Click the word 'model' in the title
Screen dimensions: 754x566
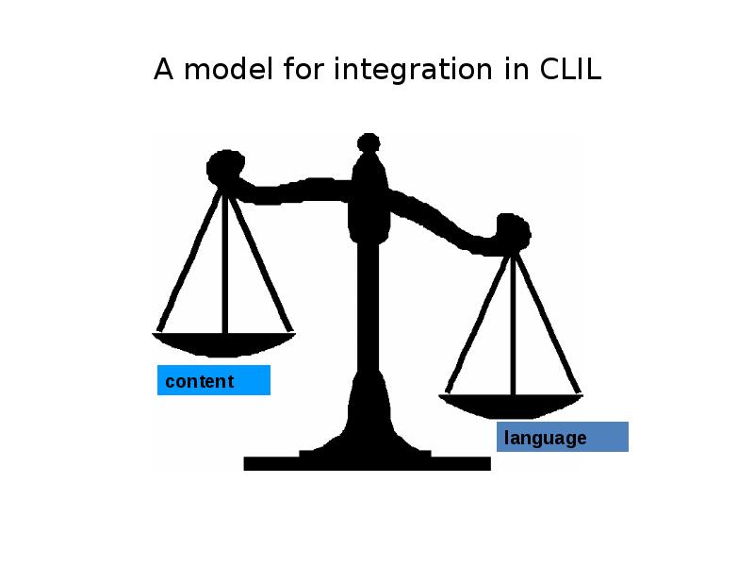228,69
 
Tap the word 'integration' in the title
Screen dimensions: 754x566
413,70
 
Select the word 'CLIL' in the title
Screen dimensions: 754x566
570,69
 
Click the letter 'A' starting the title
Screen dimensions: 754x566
163,69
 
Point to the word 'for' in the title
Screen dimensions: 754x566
303,68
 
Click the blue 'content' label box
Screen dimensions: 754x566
214,380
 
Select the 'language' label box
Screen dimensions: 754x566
563,437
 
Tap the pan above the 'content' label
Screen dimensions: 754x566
224,343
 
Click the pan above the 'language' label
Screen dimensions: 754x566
511,406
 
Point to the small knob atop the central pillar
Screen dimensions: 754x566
369,142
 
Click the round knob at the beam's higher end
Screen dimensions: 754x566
225,168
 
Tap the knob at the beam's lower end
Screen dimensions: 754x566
514,232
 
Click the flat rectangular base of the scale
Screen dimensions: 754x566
368,463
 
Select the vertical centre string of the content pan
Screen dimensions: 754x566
224,261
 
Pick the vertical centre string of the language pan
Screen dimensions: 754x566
513,325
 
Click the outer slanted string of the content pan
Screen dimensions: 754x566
189,260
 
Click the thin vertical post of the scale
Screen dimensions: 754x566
369,308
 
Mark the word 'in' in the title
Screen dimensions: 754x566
516,69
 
